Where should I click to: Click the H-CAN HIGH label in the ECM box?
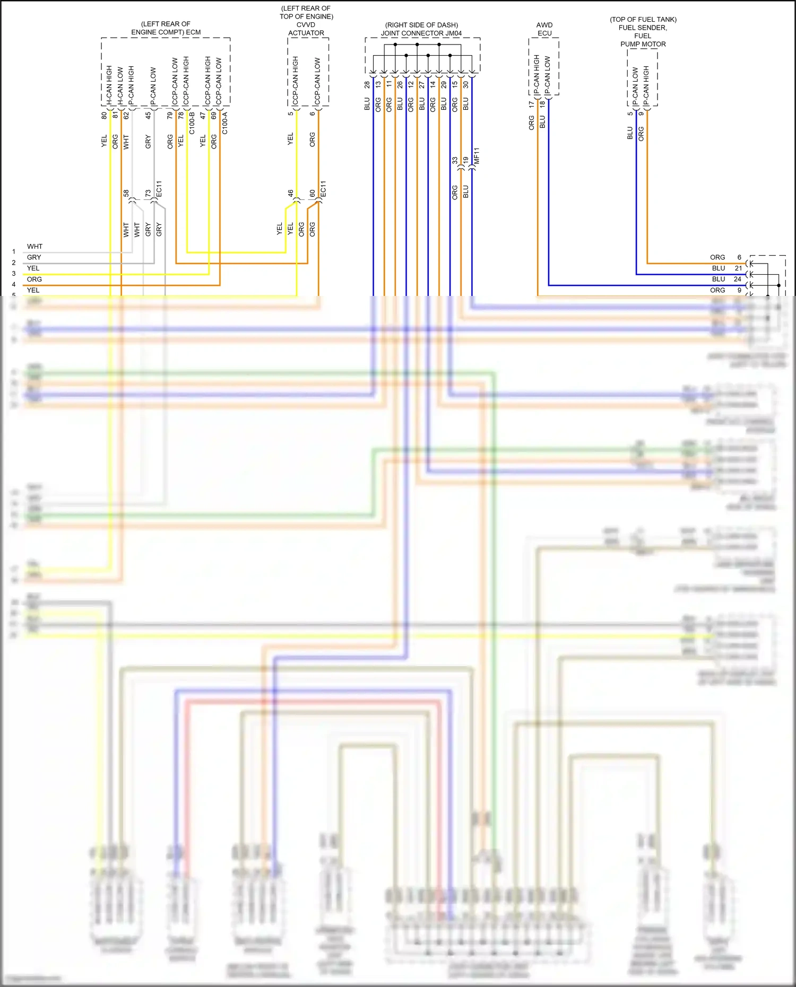point(109,85)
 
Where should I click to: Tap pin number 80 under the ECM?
point(104,115)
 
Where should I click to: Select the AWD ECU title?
point(544,29)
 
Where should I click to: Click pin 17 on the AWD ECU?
point(531,105)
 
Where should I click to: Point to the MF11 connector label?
point(477,156)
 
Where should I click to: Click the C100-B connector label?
point(192,123)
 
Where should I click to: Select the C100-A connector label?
point(225,123)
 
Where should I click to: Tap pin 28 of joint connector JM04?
point(367,84)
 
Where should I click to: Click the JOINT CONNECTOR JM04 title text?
point(421,33)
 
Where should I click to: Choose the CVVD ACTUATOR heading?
point(306,29)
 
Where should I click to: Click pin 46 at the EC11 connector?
point(290,194)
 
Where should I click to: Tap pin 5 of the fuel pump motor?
point(630,113)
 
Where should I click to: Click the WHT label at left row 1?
point(34,247)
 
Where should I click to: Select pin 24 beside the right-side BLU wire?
point(738,279)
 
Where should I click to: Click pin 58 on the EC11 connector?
point(126,194)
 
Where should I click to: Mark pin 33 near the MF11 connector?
point(455,160)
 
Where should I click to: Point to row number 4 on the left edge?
point(14,284)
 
